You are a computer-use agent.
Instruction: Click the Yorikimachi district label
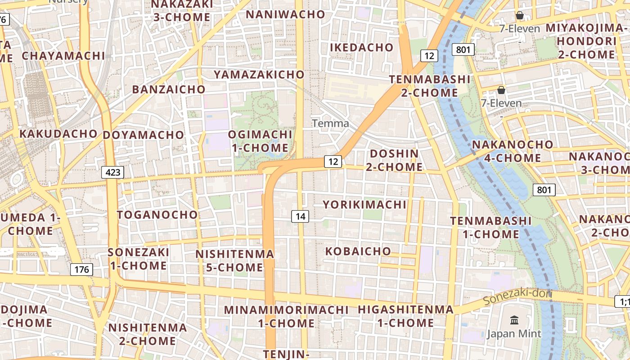pos(364,205)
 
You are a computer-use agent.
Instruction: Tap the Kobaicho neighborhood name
pos(358,251)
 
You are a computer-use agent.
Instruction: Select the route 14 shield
pos(300,216)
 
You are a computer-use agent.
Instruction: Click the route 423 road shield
pos(112,172)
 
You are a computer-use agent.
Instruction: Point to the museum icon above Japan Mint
pos(514,320)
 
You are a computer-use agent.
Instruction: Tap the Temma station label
pos(330,123)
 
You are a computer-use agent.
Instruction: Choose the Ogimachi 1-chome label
pos(260,141)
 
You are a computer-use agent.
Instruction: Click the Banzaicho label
pos(169,89)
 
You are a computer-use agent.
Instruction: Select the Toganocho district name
pos(157,215)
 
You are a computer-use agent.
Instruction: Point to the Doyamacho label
pos(144,135)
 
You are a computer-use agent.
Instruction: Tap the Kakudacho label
pos(58,134)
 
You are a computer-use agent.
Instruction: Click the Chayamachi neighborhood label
pos(63,56)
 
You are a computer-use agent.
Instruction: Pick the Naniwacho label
pos(285,14)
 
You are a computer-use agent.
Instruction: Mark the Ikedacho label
pos(362,47)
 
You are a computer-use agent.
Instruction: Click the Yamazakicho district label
pos(259,74)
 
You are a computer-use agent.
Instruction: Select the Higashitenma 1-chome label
pos(405,316)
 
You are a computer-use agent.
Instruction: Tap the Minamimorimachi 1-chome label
pos(286,316)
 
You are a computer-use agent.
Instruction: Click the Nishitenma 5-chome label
pos(234,261)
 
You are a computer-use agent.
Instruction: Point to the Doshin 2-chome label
pos(394,160)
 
